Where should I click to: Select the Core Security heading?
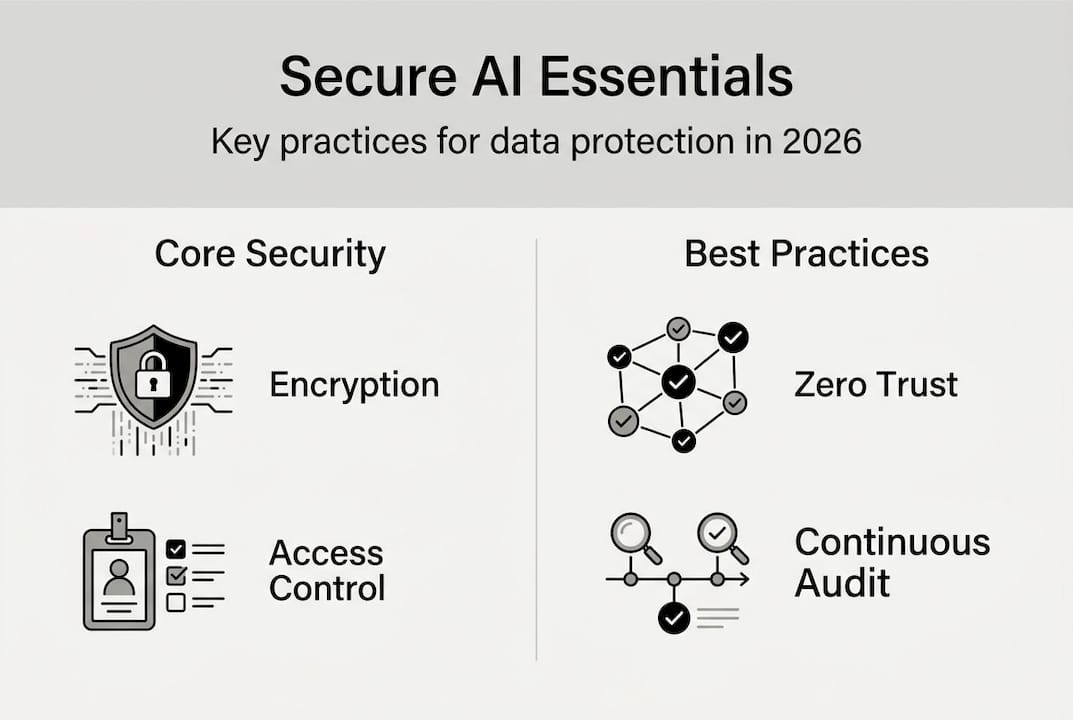pos(270,254)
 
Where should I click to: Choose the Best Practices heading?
pos(806,254)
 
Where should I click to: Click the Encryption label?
pos(354,385)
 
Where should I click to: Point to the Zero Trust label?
pos(876,385)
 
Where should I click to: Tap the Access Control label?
pos(327,570)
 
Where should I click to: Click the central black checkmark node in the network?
pos(678,381)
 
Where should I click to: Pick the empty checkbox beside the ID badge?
pos(176,602)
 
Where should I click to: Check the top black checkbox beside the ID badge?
pos(176,548)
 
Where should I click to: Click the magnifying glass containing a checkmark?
pos(718,533)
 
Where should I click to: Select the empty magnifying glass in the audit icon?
pos(631,533)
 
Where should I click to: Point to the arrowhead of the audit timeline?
pos(743,579)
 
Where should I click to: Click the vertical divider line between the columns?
pos(537,450)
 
